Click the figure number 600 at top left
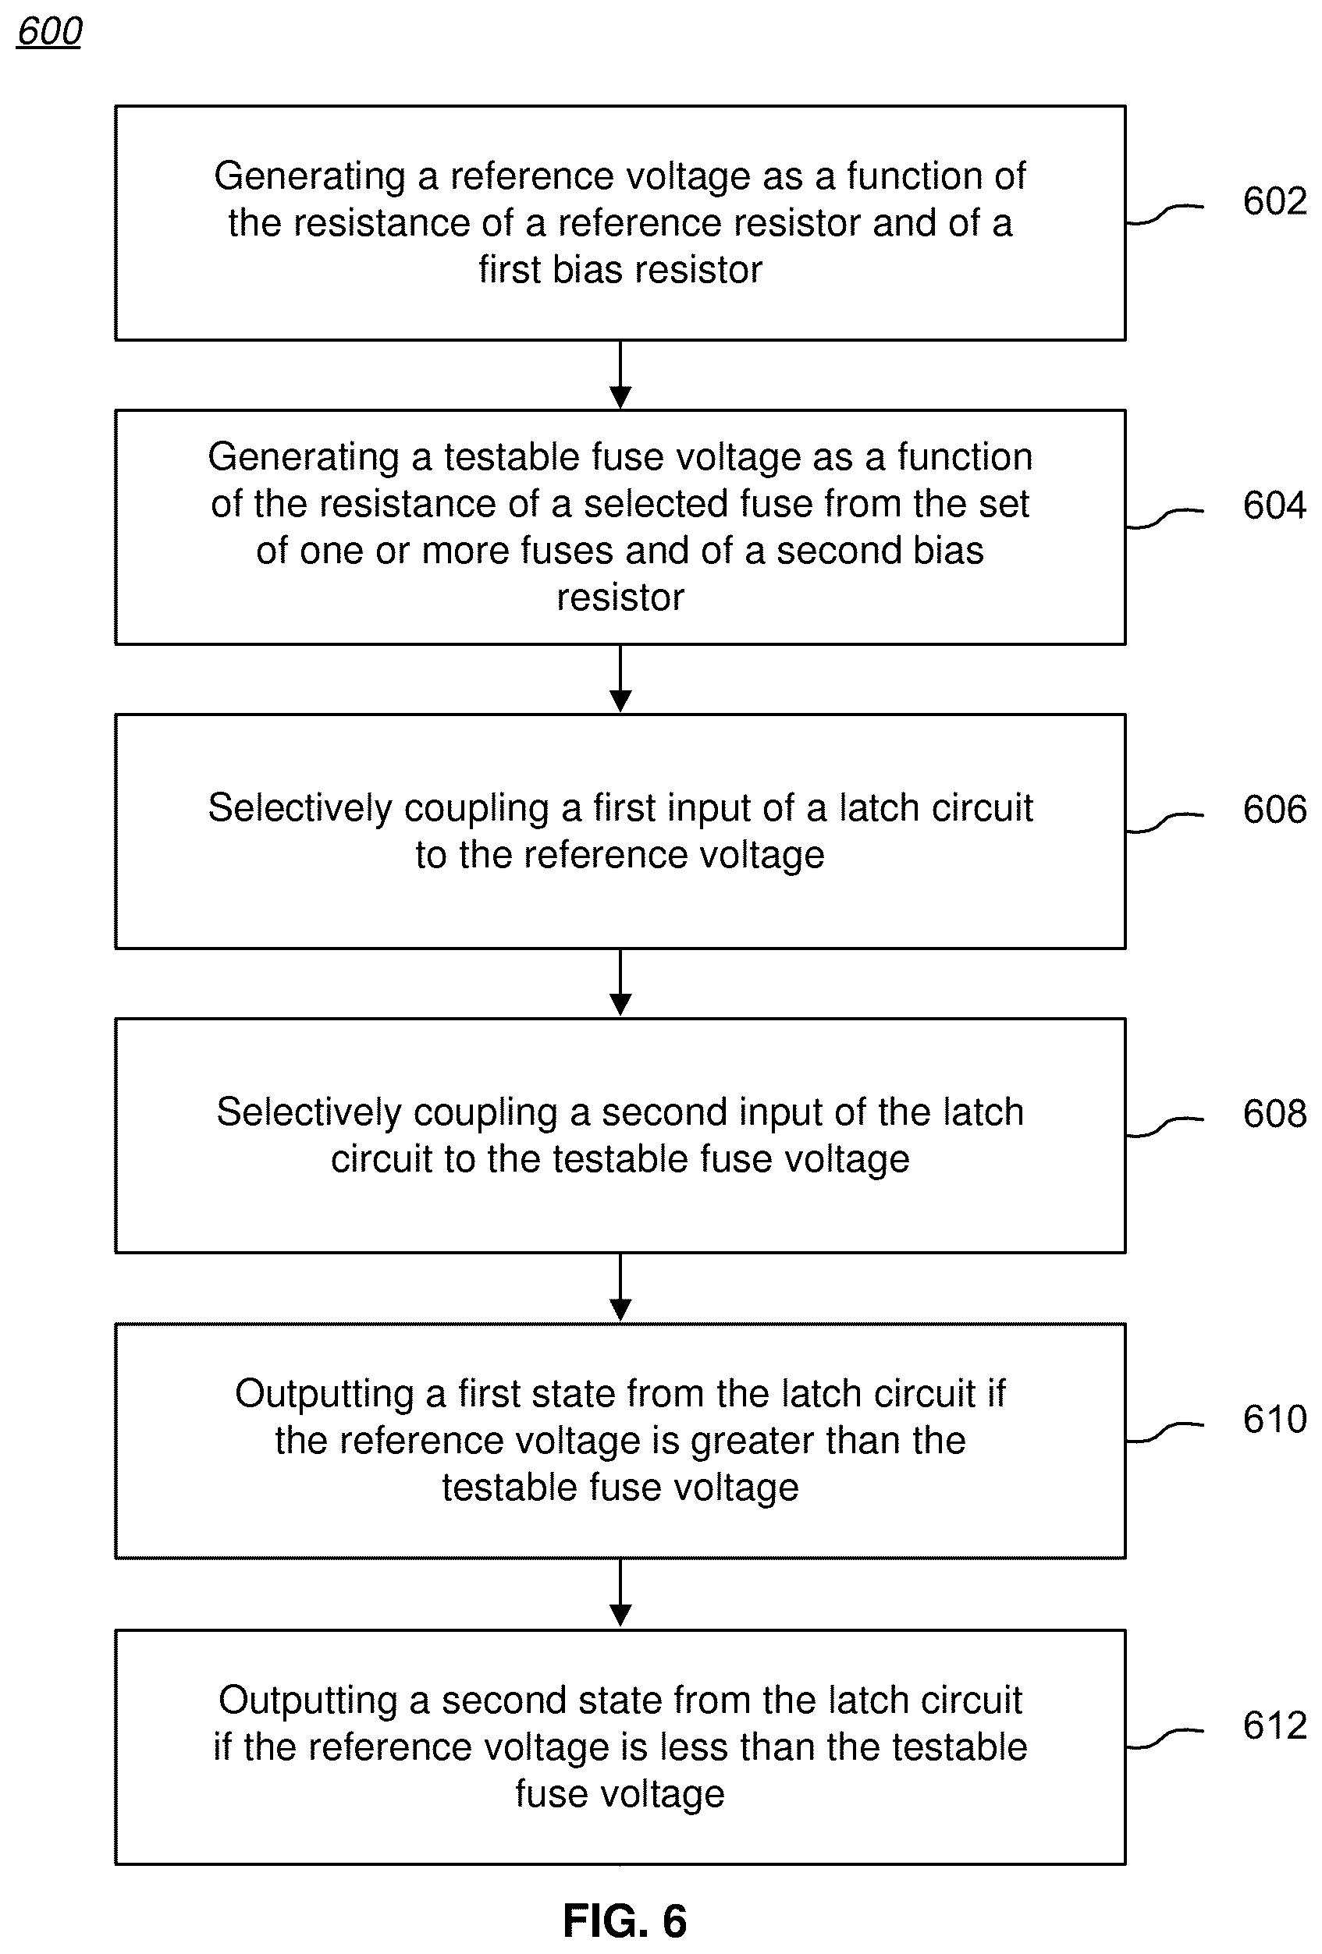point(50,31)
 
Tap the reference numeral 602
point(1274,201)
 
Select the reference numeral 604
point(1274,505)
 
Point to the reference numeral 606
point(1274,810)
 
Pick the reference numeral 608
point(1274,1114)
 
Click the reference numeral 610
point(1274,1419)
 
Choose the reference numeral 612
point(1274,1726)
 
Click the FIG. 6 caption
point(625,1921)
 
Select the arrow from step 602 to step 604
point(620,375)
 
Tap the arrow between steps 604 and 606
point(620,679)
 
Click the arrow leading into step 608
point(620,984)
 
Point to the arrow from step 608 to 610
point(620,1288)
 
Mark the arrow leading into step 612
point(620,1594)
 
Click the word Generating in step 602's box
point(311,177)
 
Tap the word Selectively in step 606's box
point(300,809)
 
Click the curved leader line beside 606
point(1164,822)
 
